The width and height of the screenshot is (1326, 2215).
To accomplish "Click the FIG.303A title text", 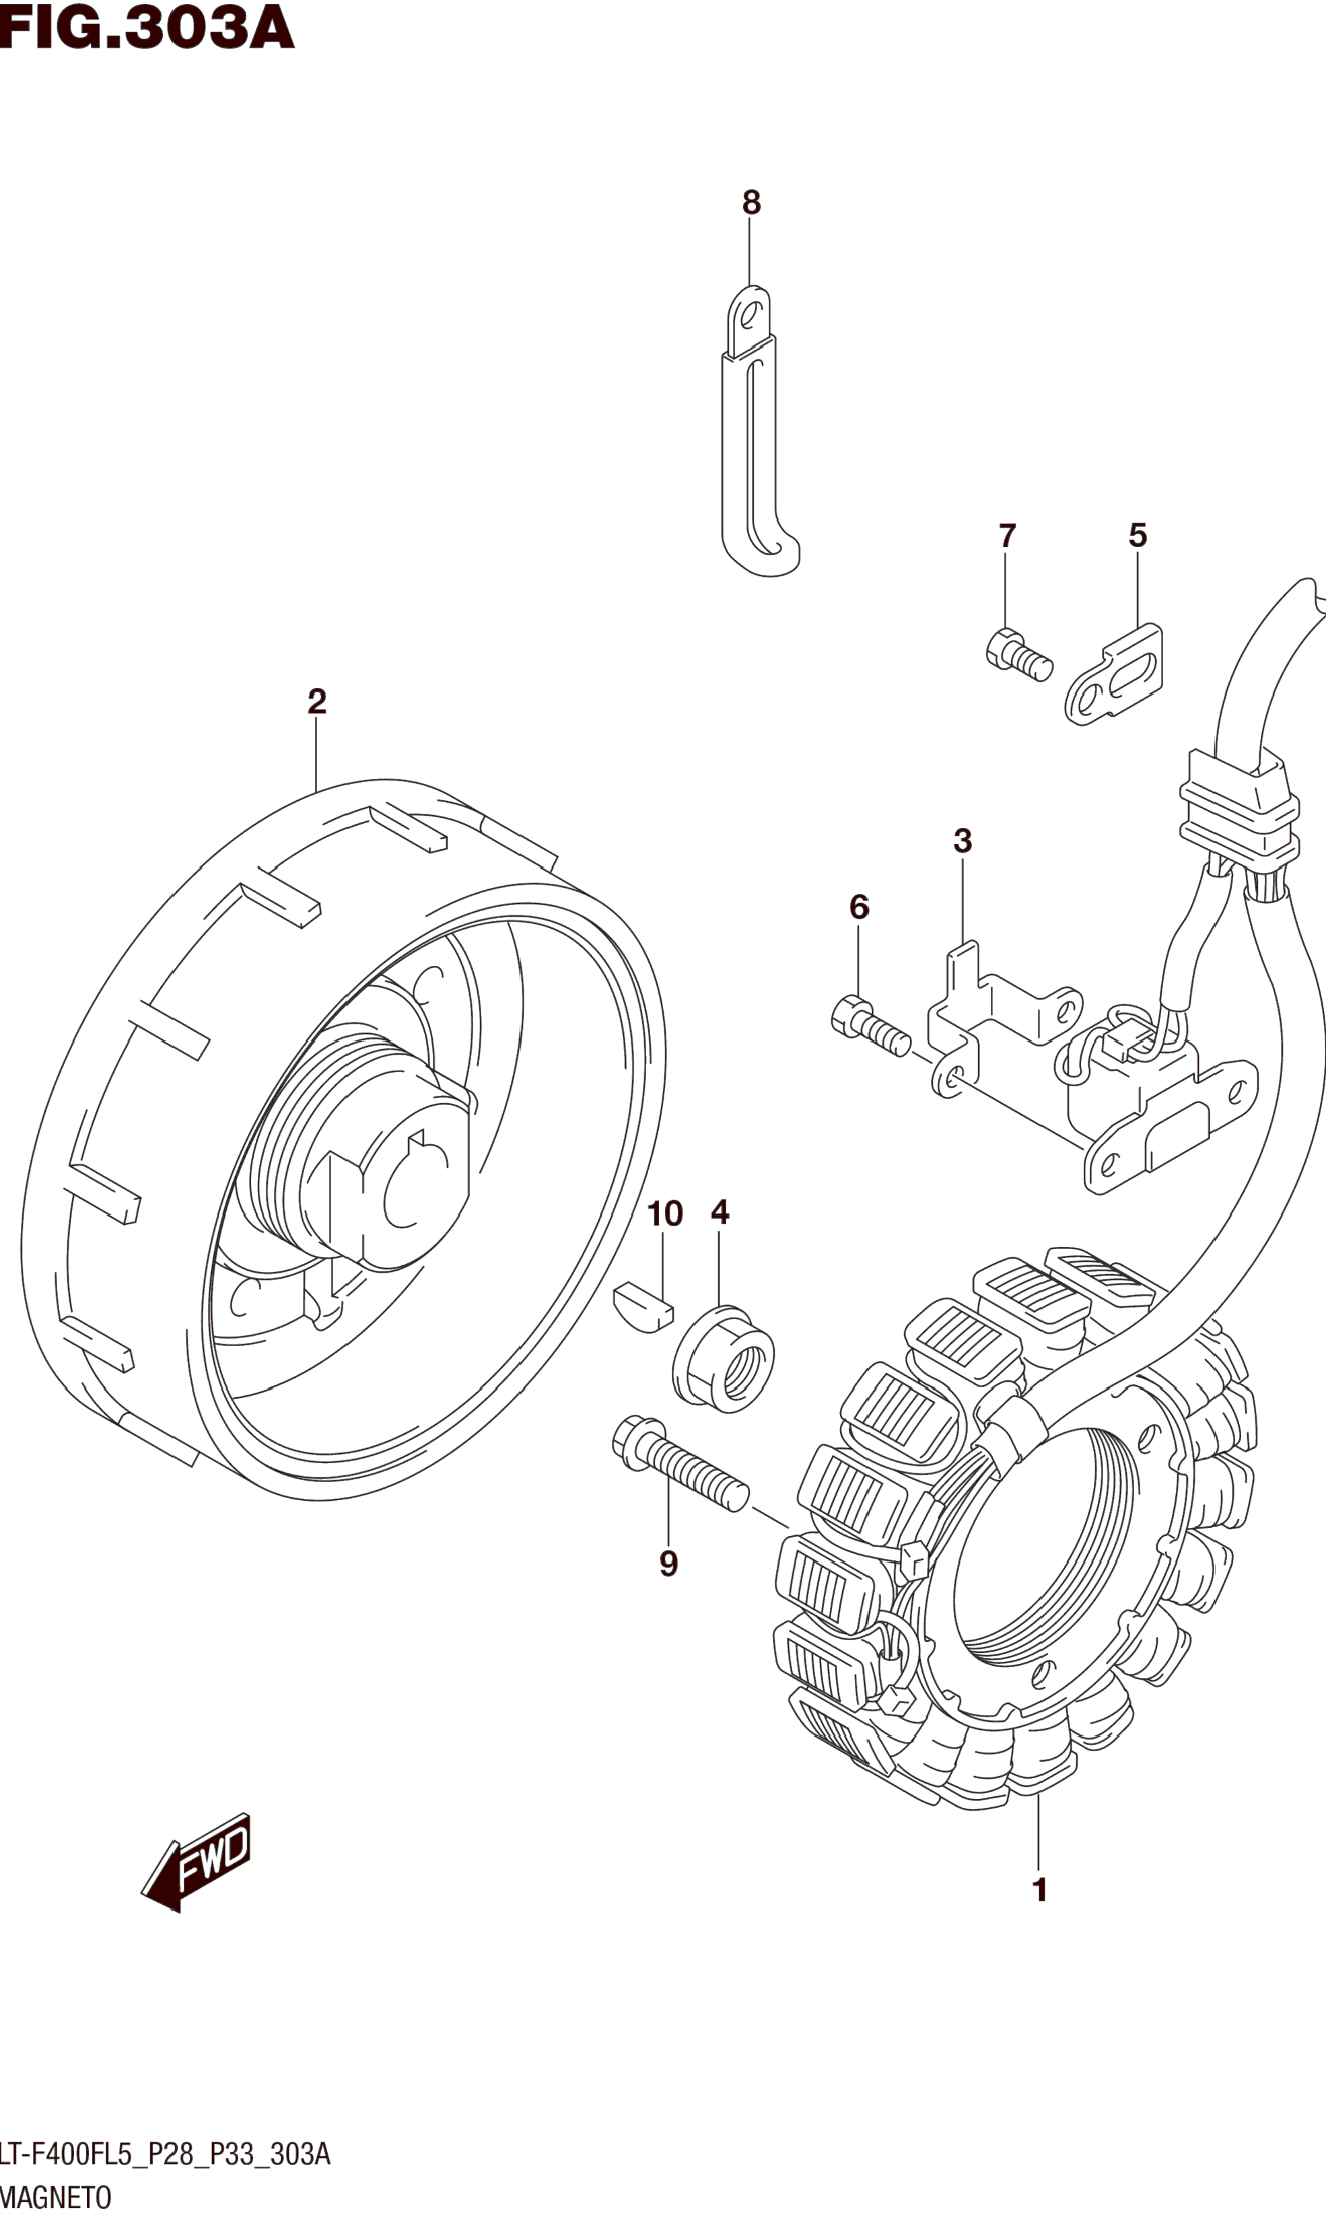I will [147, 28].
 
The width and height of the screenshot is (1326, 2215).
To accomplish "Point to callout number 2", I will [316, 701].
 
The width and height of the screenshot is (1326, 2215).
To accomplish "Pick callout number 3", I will [963, 841].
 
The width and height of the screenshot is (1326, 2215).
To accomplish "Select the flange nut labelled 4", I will [723, 1358].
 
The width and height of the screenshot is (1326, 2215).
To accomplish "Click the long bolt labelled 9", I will [679, 1461].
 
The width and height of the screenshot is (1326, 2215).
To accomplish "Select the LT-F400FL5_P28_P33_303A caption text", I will [166, 2154].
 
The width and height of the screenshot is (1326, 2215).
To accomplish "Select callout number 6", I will [859, 908].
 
